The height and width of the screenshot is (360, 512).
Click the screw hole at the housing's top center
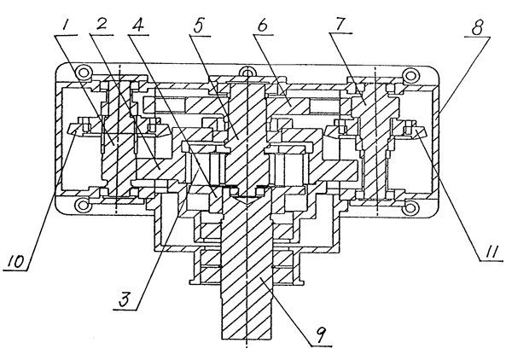tap(247, 73)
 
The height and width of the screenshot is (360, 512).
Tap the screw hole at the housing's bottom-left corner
tap(83, 206)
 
